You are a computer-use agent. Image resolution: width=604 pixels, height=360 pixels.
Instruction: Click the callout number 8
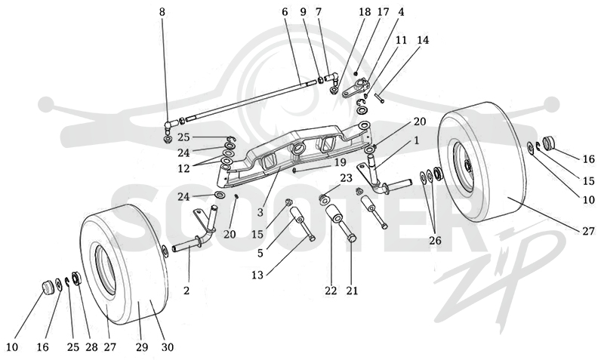[162, 12]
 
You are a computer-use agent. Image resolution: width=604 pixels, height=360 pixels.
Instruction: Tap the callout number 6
[285, 12]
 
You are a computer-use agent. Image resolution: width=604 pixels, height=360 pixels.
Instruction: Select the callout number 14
[423, 40]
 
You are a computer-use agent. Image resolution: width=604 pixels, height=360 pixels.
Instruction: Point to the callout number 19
[341, 162]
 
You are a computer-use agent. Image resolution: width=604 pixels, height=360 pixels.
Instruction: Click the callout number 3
[260, 212]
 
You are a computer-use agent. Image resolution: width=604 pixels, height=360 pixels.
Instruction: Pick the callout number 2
[186, 291]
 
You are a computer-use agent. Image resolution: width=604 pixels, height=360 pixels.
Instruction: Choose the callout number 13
[257, 275]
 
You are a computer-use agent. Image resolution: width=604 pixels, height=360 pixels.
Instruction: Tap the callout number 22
[331, 291]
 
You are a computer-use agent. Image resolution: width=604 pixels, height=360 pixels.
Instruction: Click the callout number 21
[352, 291]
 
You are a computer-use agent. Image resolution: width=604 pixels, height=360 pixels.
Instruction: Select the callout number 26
[435, 241]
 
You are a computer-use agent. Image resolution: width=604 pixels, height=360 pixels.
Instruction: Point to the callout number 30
[167, 347]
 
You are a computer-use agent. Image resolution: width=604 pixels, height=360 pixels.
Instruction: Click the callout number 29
[142, 347]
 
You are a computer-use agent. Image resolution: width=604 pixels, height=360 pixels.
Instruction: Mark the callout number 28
[91, 347]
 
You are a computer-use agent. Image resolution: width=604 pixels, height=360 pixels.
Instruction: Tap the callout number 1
[416, 140]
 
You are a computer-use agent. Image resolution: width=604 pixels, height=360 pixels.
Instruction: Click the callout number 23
[346, 178]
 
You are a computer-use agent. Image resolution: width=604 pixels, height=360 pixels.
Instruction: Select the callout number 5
[260, 253]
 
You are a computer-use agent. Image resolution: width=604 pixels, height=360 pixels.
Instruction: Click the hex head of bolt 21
[351, 238]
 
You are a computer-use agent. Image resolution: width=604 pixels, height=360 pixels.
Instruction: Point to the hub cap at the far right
[548, 143]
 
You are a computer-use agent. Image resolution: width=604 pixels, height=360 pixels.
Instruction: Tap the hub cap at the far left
[48, 287]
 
